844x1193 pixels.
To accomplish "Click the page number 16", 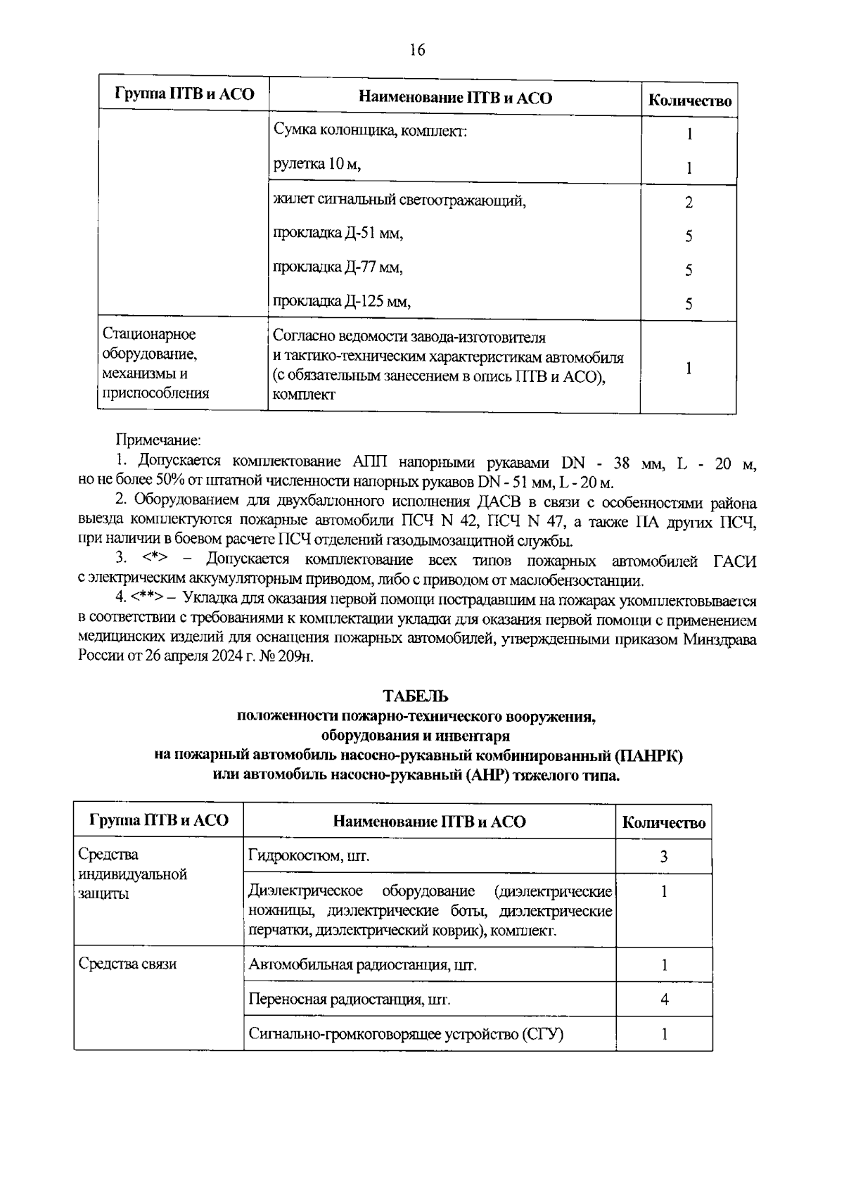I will tap(416, 50).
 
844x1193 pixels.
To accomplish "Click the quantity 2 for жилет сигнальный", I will tap(689, 203).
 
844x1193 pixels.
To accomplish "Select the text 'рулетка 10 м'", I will tap(316, 165).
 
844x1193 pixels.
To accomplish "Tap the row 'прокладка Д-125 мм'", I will tap(342, 302).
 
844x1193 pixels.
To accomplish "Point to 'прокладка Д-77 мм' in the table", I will tap(338, 268).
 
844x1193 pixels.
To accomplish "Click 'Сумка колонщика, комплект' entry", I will tap(370, 131).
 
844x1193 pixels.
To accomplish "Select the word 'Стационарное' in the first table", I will tap(149, 334).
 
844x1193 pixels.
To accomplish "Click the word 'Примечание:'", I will tap(158, 440).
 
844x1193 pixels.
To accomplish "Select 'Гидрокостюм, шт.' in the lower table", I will tap(309, 856).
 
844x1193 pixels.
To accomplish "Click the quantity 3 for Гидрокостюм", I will tap(664, 857).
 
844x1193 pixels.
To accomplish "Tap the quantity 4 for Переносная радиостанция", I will tap(664, 1000).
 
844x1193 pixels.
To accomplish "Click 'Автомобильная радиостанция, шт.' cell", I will tap(362, 965).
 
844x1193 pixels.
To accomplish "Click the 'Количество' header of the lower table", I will tap(664, 823).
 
